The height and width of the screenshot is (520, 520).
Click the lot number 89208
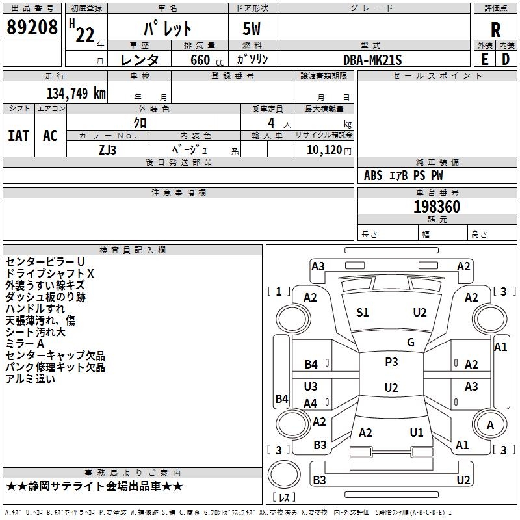pyautogui.click(x=32, y=27)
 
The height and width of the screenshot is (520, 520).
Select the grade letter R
pyautogui.click(x=495, y=29)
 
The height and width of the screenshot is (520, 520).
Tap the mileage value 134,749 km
pyautogui.click(x=76, y=93)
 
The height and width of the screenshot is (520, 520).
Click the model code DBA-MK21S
pyautogui.click(x=372, y=60)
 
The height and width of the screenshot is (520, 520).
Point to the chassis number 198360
pyautogui.click(x=437, y=206)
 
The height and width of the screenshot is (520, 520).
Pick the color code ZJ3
pyautogui.click(x=107, y=150)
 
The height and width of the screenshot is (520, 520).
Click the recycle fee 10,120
pyautogui.click(x=324, y=149)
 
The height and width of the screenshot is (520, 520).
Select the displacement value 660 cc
pyautogui.click(x=207, y=60)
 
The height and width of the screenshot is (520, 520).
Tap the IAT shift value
pyautogui.click(x=19, y=136)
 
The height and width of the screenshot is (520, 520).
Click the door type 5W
pyautogui.click(x=252, y=29)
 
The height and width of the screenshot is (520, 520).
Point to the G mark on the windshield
pyautogui.click(x=411, y=343)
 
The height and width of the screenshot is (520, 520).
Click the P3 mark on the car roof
pyautogui.click(x=391, y=362)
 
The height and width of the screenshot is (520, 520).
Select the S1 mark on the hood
pyautogui.click(x=362, y=313)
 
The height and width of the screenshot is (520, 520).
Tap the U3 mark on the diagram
pyautogui.click(x=311, y=386)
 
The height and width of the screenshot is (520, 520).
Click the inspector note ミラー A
pyautogui.click(x=25, y=344)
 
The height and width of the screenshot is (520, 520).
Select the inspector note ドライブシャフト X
pyautogui.click(x=50, y=273)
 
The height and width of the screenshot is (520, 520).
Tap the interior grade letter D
pyautogui.click(x=506, y=59)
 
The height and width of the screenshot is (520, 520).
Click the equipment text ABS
pyautogui.click(x=373, y=175)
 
